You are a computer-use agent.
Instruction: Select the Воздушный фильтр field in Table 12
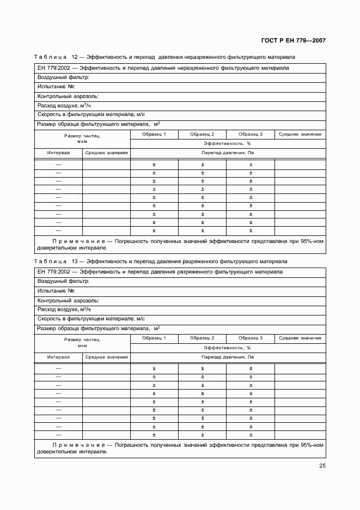point(63,77)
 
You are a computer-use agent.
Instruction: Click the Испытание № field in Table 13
point(56,291)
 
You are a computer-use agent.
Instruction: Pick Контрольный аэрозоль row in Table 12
point(68,96)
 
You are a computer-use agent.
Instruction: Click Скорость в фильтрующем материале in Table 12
point(91,114)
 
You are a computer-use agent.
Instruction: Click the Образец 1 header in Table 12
point(154,134)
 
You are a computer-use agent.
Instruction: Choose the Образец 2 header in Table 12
point(202,134)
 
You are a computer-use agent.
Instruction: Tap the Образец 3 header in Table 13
point(251,338)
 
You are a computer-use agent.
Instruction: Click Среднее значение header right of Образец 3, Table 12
point(300,134)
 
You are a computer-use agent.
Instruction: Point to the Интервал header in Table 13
point(58,357)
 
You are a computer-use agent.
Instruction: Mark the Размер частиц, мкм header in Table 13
point(82,342)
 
